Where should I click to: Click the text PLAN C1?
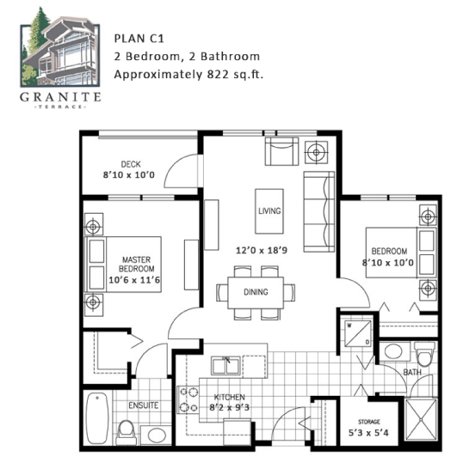pyautogui.click(x=139, y=39)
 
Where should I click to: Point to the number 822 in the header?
pyautogui.click(x=218, y=74)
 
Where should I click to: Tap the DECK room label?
pyautogui.click(x=131, y=164)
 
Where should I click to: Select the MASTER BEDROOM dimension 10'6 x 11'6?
pyautogui.click(x=134, y=280)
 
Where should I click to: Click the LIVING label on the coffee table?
pyautogui.click(x=269, y=210)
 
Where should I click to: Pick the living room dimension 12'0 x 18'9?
pyautogui.click(x=262, y=250)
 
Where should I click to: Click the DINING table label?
pyautogui.click(x=256, y=292)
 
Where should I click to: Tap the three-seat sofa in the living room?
pyautogui.click(x=319, y=212)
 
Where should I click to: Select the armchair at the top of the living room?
pyautogui.click(x=281, y=151)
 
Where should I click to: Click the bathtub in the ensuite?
pyautogui.click(x=97, y=418)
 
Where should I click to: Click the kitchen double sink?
pyautogui.click(x=225, y=366)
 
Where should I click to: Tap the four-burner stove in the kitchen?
pyautogui.click(x=188, y=400)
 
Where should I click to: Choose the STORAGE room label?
pyautogui.click(x=368, y=422)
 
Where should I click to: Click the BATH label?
pyautogui.click(x=412, y=372)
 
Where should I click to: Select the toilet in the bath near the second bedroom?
pyautogui.click(x=424, y=353)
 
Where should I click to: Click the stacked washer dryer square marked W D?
pyautogui.click(x=358, y=333)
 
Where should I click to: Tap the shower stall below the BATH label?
pyautogui.click(x=421, y=419)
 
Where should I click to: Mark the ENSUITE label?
pyautogui.click(x=143, y=405)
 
